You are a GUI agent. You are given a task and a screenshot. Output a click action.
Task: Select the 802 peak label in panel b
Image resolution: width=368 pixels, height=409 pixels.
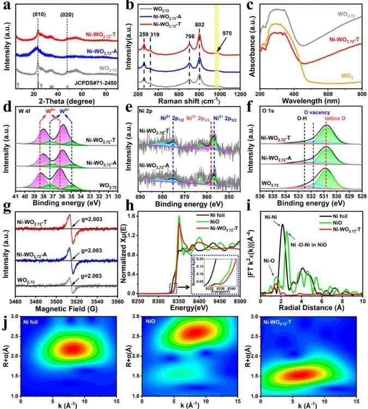pos(200,24)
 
